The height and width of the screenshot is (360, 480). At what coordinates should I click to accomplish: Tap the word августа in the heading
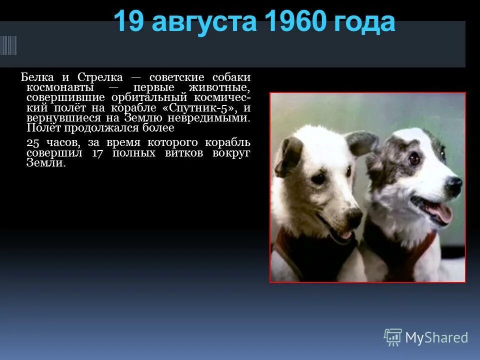(204, 23)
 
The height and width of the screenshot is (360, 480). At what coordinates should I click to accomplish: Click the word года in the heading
(364, 23)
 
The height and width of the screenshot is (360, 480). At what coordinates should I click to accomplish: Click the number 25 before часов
(32, 143)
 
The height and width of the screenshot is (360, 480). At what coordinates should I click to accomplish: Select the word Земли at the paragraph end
(46, 163)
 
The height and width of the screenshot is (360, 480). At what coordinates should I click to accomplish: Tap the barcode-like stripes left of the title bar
(8, 45)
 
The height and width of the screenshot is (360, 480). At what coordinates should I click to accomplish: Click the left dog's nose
(353, 216)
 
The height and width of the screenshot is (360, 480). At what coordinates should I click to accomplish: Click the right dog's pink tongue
(439, 213)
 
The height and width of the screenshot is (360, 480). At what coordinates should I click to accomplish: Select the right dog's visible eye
(413, 158)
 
